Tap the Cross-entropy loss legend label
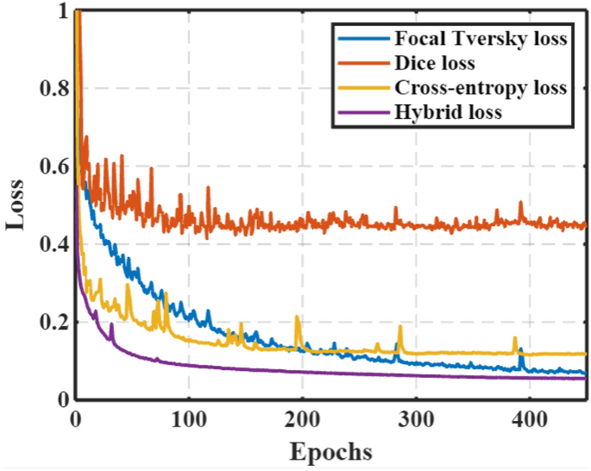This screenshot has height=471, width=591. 481,87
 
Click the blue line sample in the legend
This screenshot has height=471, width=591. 362,40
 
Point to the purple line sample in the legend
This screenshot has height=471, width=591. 362,111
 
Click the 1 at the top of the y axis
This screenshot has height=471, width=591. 60,11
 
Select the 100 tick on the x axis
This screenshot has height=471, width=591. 188,420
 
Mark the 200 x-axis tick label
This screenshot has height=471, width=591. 302,420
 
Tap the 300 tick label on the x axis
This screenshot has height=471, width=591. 416,420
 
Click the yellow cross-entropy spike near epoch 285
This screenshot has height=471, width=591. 399,328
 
